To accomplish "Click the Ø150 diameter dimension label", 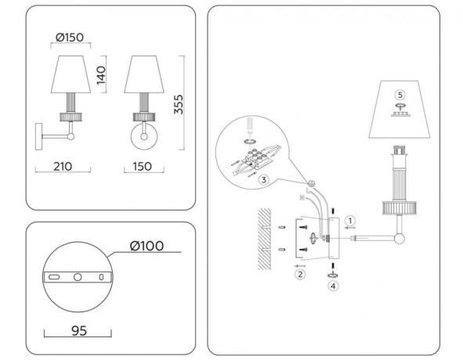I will tap(71, 35).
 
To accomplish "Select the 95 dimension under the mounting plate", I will tap(78, 330).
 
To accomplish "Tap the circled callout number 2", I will tap(298, 274).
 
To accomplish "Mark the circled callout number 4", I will tap(333, 286).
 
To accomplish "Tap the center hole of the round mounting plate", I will tap(78, 278).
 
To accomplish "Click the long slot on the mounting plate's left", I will tap(54, 278).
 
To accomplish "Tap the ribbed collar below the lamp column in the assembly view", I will tap(400, 207).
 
